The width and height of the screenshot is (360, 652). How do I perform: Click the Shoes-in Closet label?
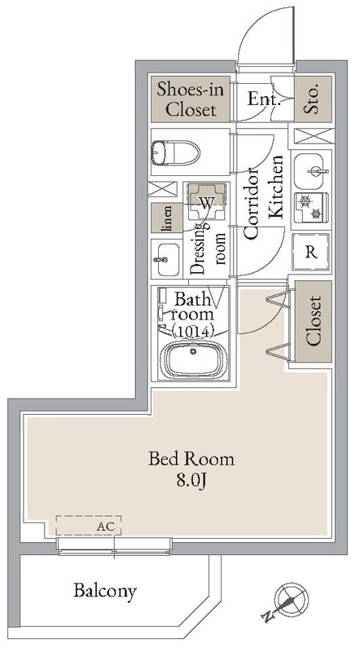190,99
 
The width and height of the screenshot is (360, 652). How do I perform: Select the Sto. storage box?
313,99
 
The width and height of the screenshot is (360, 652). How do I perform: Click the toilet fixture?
176,153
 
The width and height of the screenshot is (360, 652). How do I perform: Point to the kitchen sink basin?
311,171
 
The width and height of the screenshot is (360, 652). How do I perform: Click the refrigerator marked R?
311,252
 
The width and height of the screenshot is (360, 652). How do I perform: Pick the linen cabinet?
167,218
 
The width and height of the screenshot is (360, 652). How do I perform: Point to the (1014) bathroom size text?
192,331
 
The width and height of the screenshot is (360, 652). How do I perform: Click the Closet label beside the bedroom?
314,321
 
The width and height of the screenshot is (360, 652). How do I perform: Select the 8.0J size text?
191,481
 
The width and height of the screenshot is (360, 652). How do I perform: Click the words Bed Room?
191,459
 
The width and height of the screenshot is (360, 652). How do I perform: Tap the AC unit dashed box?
89,526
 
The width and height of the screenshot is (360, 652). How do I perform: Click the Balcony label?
105,591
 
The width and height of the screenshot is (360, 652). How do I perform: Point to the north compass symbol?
288,601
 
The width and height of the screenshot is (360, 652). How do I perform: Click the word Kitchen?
275,187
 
